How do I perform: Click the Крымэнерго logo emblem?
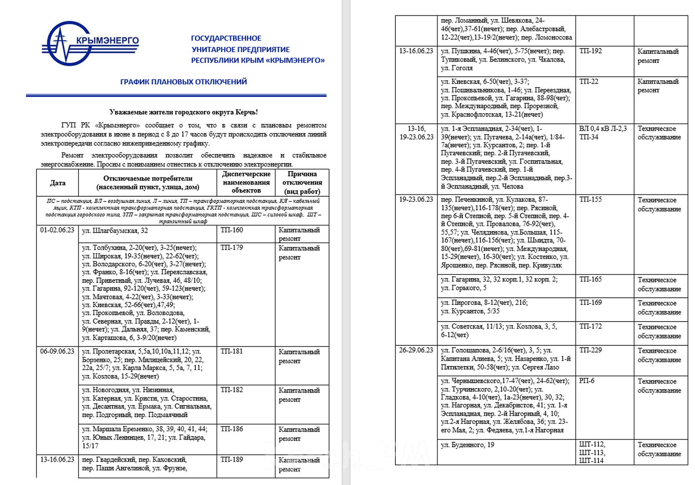click(67, 44)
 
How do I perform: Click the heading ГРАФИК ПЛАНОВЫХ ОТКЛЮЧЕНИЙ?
click(183, 82)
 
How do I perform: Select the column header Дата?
click(58, 183)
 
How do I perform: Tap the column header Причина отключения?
click(302, 182)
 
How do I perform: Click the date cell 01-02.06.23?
click(57, 230)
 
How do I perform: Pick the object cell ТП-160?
click(231, 230)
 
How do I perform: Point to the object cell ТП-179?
click(231, 247)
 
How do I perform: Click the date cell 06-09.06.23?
click(57, 351)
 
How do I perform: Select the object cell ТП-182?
click(231, 390)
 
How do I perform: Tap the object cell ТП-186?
click(231, 429)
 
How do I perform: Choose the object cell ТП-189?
click(231, 459)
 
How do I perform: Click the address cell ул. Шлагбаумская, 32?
click(115, 231)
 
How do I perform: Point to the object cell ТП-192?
click(590, 51)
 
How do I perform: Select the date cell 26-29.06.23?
click(416, 350)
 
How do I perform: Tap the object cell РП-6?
click(587, 381)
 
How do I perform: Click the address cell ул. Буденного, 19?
click(467, 445)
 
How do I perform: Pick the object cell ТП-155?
click(590, 199)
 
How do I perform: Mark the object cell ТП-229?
click(590, 350)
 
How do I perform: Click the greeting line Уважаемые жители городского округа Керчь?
click(183, 112)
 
